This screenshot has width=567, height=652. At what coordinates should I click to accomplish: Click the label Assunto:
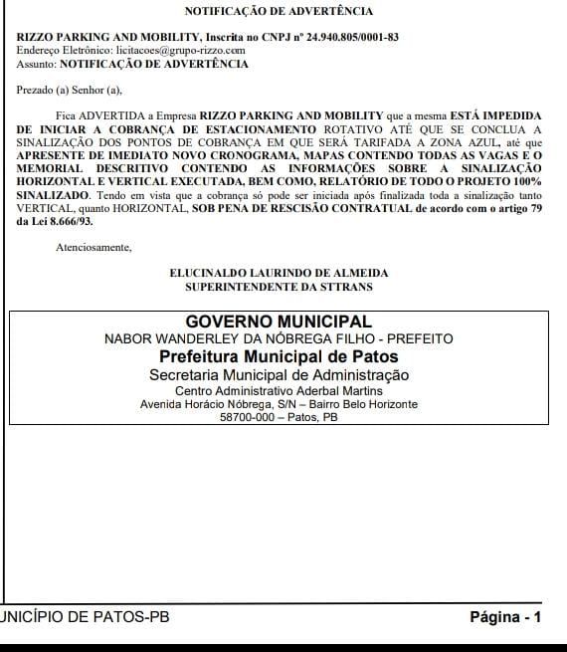36,64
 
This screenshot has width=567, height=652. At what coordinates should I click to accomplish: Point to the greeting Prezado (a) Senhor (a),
69,91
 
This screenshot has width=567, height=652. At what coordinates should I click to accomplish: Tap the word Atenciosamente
94,246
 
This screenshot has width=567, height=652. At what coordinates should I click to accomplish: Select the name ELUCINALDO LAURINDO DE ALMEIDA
279,273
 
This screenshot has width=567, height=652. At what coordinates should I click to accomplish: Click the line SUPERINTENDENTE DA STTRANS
279,286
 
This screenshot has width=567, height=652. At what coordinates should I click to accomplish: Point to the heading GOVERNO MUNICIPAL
279,323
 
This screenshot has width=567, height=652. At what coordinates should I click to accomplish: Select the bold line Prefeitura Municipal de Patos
279,356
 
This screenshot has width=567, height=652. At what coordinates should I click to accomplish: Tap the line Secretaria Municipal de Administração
279,375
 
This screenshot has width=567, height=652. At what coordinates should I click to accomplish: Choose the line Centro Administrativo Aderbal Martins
279,391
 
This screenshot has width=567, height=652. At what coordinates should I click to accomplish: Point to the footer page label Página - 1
504,617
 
